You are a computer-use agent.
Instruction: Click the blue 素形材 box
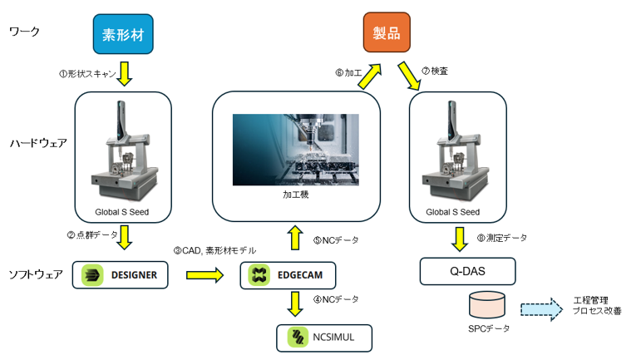123,36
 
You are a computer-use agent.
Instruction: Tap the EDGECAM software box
290,274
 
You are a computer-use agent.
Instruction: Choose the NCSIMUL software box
324,336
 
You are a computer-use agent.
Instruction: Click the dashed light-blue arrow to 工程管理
541,309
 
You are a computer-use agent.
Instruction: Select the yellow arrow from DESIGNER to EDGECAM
206,274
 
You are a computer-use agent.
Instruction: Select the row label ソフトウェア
35,274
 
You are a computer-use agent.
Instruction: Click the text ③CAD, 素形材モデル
214,249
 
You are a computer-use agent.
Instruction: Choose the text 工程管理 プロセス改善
598,304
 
